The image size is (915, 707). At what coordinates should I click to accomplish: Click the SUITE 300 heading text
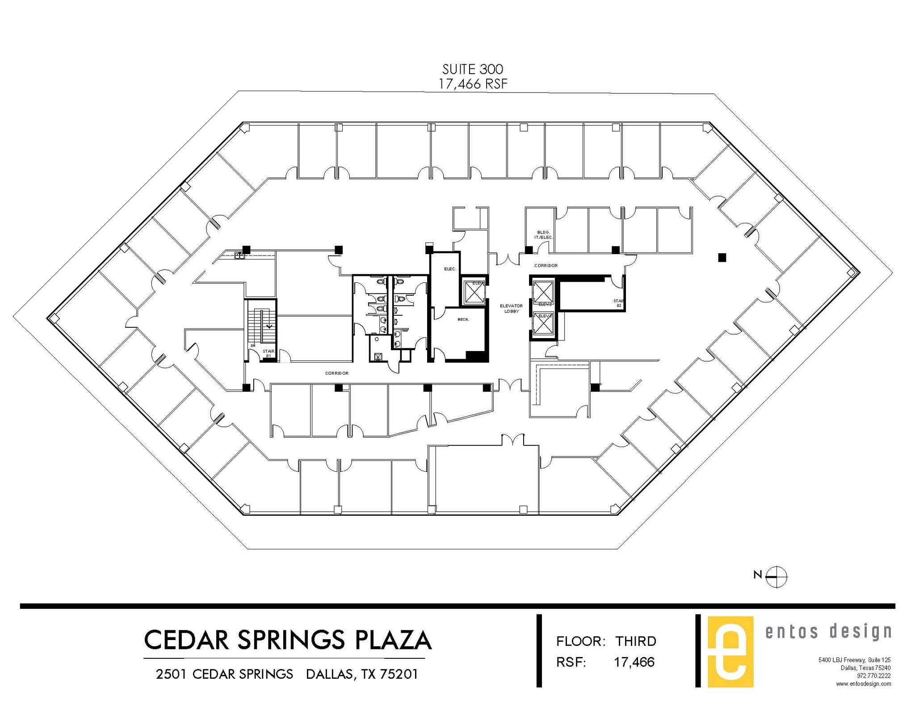click(x=473, y=69)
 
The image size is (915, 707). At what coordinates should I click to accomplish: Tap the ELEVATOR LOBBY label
click(x=511, y=308)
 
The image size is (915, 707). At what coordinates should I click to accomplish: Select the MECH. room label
click(x=463, y=319)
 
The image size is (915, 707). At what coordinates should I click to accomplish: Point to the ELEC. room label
click(x=450, y=269)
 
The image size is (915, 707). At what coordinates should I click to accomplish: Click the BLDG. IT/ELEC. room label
click(x=543, y=234)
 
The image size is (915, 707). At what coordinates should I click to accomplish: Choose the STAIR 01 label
click(x=268, y=353)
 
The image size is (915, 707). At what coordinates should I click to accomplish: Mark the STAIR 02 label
click(x=619, y=303)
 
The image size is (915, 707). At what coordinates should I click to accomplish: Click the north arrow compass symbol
click(x=777, y=577)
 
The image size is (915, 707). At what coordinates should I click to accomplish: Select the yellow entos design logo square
click(x=730, y=652)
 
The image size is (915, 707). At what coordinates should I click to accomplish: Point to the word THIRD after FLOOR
click(x=636, y=641)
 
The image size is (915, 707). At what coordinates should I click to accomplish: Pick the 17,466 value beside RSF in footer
click(x=634, y=662)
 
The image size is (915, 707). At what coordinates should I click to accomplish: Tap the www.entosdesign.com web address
click(x=863, y=684)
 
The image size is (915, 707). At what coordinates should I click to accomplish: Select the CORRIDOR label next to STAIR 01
click(x=336, y=373)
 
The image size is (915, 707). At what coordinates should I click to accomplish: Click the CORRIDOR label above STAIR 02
click(x=546, y=265)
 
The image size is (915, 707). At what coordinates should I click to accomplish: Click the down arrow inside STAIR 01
click(x=269, y=326)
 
